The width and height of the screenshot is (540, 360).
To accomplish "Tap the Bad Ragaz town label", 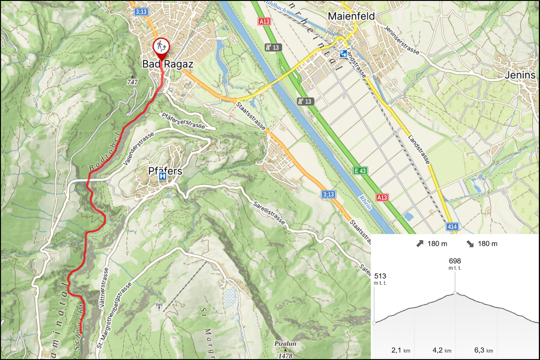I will tap(168, 64).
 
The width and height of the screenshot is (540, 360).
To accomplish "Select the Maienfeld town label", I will tap(351, 16).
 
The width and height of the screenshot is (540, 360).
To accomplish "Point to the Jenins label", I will tap(520, 75).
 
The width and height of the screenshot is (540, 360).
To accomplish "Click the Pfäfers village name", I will tap(165, 171).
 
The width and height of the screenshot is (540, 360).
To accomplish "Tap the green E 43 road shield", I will tap(360, 171).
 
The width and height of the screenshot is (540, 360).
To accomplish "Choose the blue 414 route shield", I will tap(452, 226).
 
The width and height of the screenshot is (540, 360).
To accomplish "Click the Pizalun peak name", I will tap(285, 344).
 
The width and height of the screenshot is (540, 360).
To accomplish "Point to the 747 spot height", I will tap(132, 82).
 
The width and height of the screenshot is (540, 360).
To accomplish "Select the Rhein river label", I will tap(365, 202).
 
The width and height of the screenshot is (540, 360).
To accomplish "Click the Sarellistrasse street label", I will tap(269, 213).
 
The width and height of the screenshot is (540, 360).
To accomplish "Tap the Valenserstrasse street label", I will tap(138, 149).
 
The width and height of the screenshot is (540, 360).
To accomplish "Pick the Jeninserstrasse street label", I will tap(402, 40).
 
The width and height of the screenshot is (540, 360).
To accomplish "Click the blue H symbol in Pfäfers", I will tap(162, 176).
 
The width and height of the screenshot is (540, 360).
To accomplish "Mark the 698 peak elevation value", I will tap(455, 261).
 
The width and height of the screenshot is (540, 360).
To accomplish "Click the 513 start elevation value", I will tap(380, 276).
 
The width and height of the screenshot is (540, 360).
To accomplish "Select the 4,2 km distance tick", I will tap(442, 350).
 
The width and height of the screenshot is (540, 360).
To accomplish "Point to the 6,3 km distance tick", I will tap(483, 350).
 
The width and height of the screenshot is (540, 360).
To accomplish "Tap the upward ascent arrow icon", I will tap(420, 244).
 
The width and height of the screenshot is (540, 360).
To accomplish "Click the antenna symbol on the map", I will tap(159, 305).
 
